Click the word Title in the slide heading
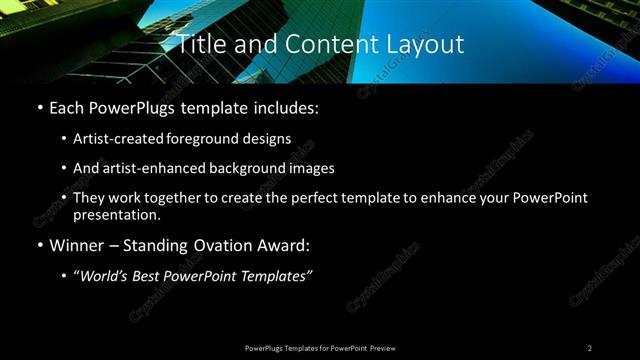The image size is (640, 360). coord(199,44)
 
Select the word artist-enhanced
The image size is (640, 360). coord(147,168)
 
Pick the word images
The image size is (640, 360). coord(309,168)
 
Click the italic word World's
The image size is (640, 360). coord(107,276)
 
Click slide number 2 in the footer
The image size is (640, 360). coord(590,348)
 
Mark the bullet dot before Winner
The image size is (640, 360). coord(39,245)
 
